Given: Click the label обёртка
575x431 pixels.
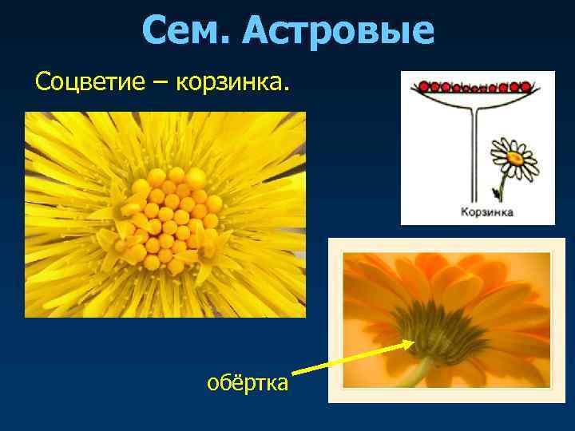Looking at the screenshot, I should point(247,383).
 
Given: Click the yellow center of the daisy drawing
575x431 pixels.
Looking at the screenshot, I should point(514,158).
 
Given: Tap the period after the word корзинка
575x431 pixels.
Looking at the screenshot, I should point(290,89).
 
